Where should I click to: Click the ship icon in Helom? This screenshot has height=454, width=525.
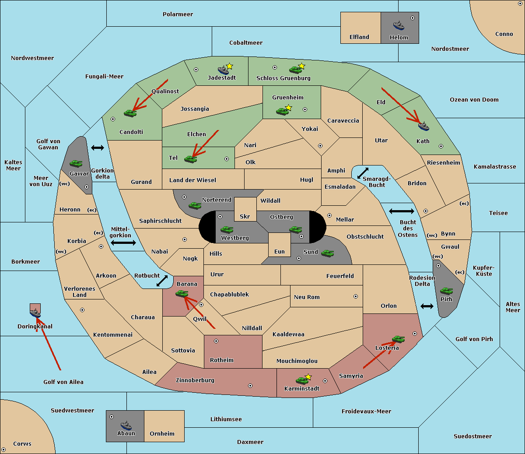pyautogui.click(x=398, y=25)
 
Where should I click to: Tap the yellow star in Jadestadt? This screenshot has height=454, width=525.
pyautogui.click(x=230, y=66)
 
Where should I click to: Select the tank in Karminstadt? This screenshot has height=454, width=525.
pyautogui.click(x=302, y=380)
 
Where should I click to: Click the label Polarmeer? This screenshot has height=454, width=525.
pyautogui.click(x=178, y=14)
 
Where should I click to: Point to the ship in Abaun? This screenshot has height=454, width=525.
pyautogui.click(x=126, y=425)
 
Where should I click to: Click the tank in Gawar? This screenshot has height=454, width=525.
pyautogui.click(x=76, y=164)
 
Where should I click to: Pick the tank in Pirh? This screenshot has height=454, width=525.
pyautogui.click(x=446, y=291)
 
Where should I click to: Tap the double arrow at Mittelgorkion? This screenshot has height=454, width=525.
pyautogui.click(x=123, y=243)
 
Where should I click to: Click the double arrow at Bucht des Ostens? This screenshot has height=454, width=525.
pyautogui.click(x=401, y=211)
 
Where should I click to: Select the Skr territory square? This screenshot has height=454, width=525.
pyautogui.click(x=245, y=209)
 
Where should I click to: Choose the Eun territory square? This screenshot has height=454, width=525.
pyautogui.click(x=279, y=244)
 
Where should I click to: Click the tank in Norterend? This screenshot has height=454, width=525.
pyautogui.click(x=195, y=205)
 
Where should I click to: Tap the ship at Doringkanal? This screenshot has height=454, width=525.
pyautogui.click(x=35, y=313)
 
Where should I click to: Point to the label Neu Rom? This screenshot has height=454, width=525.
pyautogui.click(x=307, y=297)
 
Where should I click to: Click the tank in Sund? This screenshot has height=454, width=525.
pyautogui.click(x=327, y=253)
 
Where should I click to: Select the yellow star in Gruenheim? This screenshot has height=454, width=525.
pyautogui.click(x=288, y=107)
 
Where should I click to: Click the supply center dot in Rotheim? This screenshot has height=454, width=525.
pyautogui.click(x=216, y=341)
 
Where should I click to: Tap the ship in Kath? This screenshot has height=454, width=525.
pyautogui.click(x=423, y=127)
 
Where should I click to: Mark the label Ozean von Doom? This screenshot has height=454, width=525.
pyautogui.click(x=474, y=100)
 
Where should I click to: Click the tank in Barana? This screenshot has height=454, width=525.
pyautogui.click(x=182, y=294)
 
